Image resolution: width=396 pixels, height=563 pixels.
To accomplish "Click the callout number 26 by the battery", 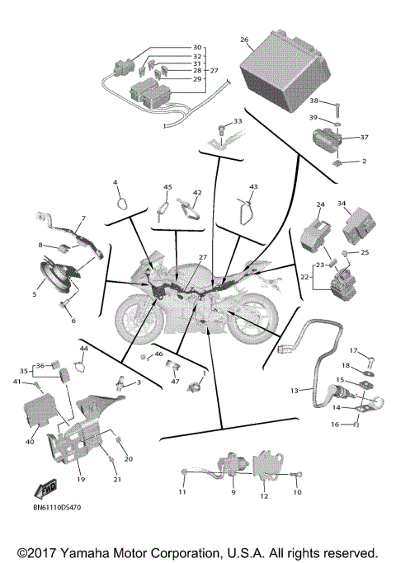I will (x=244, y=40).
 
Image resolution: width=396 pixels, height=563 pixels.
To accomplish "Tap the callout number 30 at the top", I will (x=197, y=47).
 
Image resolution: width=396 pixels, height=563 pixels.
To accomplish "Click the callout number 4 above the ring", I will (x=115, y=182).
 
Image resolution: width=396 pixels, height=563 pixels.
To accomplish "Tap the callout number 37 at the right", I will (x=364, y=137).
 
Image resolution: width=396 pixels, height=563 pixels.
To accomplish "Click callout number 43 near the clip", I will (x=253, y=187).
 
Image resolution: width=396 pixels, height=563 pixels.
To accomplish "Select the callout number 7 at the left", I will (x=82, y=220).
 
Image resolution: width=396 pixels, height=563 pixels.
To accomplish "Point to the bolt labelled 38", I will (x=337, y=107).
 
